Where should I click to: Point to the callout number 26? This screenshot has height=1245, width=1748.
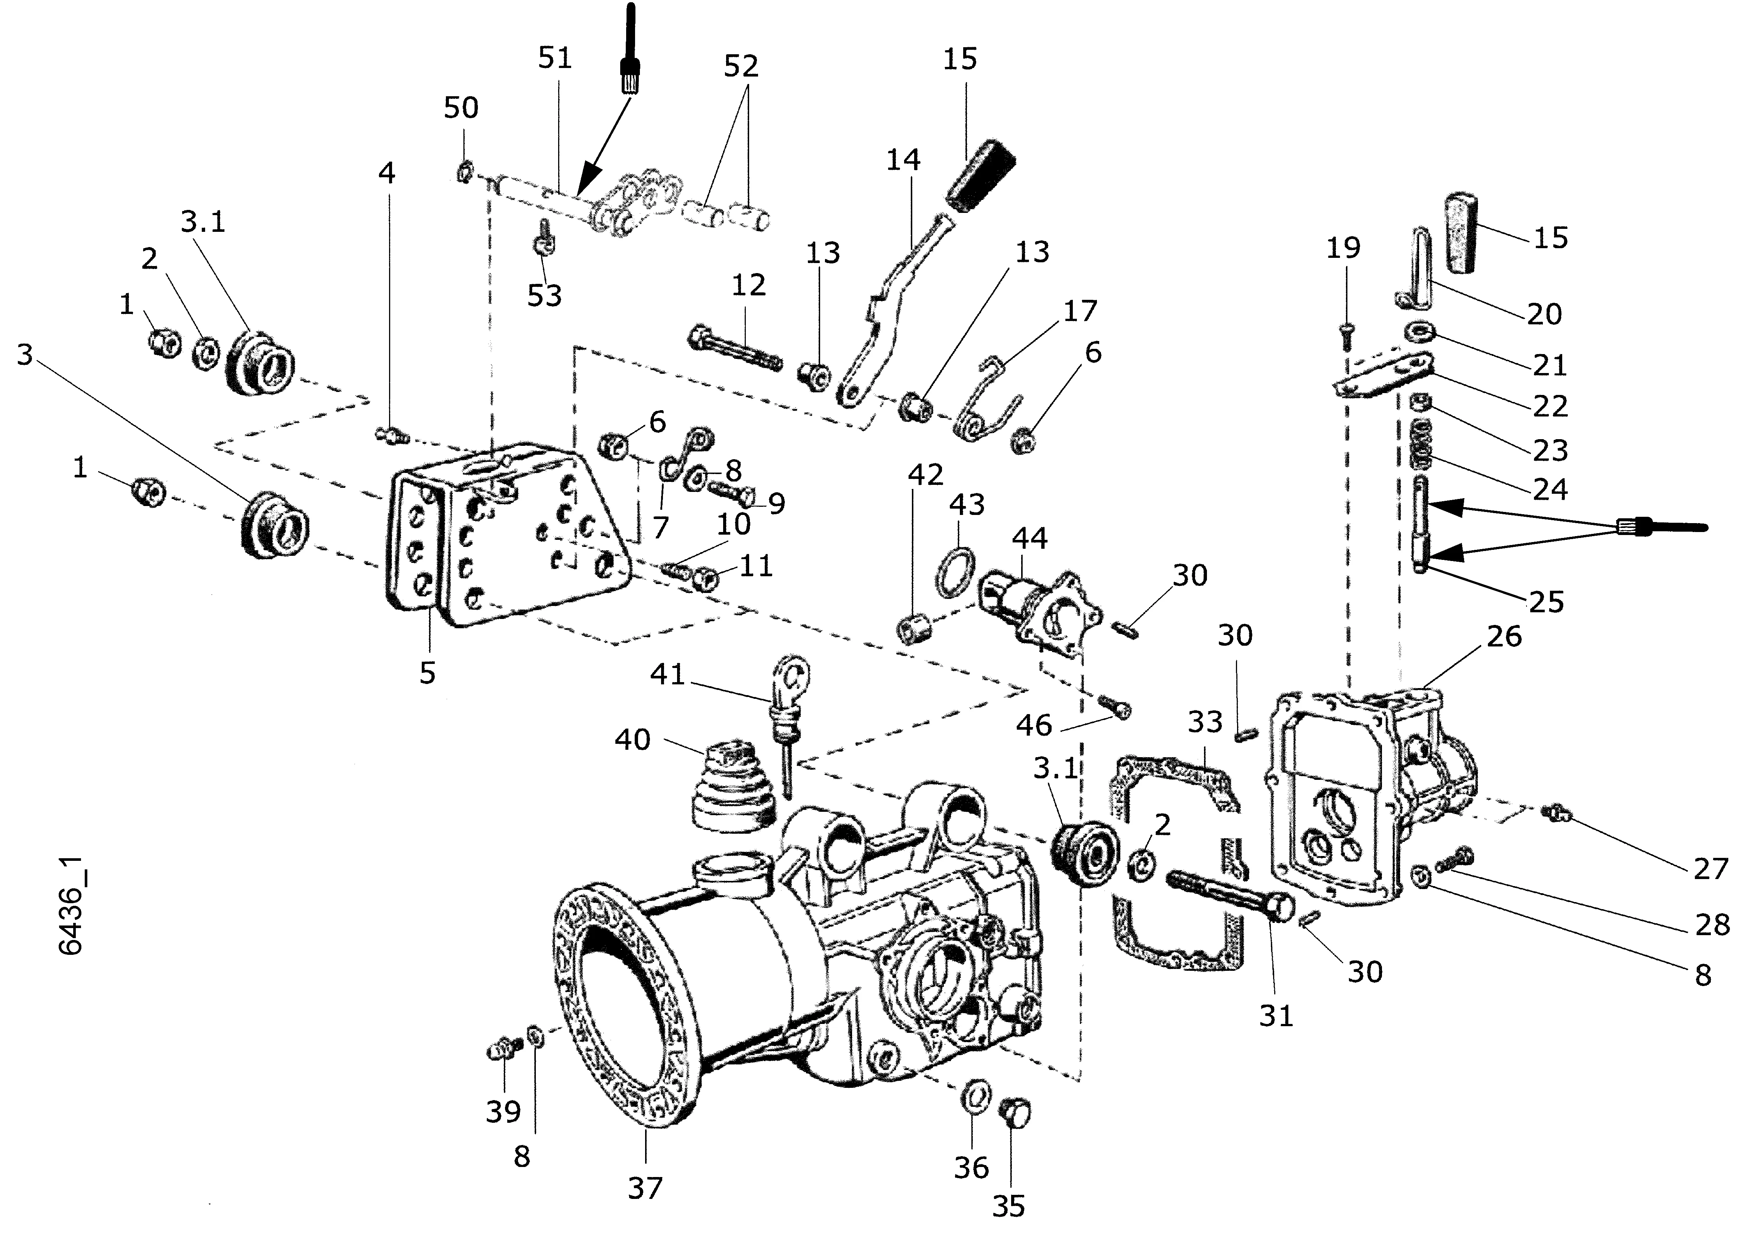1503,636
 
